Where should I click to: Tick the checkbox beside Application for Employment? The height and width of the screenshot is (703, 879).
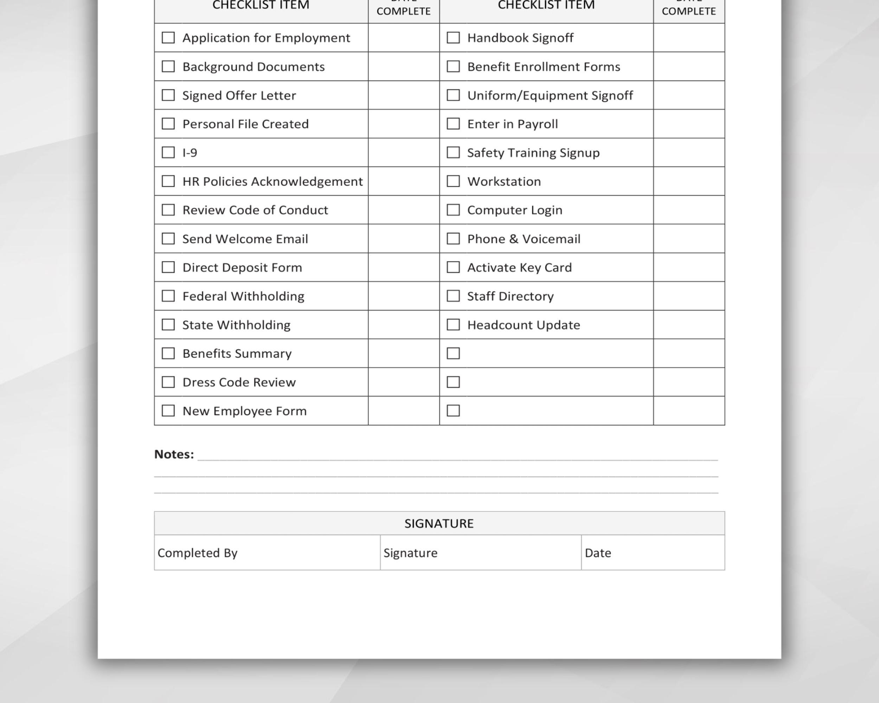pyautogui.click(x=168, y=38)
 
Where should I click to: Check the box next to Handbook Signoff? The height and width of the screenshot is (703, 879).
pyautogui.click(x=453, y=38)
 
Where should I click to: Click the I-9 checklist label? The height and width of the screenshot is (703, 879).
pyautogui.click(x=190, y=153)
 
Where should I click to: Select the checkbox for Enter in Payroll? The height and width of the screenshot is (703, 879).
pyautogui.click(x=453, y=123)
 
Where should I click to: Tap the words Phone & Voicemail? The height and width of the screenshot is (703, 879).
pyautogui.click(x=524, y=239)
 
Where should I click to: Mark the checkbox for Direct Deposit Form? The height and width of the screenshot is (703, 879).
pyautogui.click(x=168, y=267)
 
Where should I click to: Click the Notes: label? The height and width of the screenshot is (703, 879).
pyautogui.click(x=174, y=454)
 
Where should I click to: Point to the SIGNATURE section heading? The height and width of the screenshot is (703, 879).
pyautogui.click(x=439, y=524)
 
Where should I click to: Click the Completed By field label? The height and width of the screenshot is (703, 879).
pyautogui.click(x=197, y=553)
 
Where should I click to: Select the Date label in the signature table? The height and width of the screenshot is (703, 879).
pyautogui.click(x=598, y=553)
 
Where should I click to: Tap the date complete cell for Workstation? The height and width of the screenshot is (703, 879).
pyautogui.click(x=688, y=181)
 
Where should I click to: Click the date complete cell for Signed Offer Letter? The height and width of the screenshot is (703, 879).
pyautogui.click(x=404, y=95)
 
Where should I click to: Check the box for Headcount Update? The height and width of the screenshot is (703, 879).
pyautogui.click(x=453, y=325)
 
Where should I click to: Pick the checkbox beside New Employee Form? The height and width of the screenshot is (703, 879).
pyautogui.click(x=168, y=411)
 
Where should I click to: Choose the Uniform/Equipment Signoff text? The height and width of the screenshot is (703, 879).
pyautogui.click(x=550, y=95)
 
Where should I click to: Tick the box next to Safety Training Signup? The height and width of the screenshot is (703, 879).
pyautogui.click(x=453, y=153)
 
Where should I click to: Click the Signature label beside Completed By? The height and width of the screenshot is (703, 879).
pyautogui.click(x=410, y=553)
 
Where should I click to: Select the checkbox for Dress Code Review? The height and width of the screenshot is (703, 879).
pyautogui.click(x=168, y=382)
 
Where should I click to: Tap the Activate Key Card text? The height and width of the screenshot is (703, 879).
pyautogui.click(x=519, y=268)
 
